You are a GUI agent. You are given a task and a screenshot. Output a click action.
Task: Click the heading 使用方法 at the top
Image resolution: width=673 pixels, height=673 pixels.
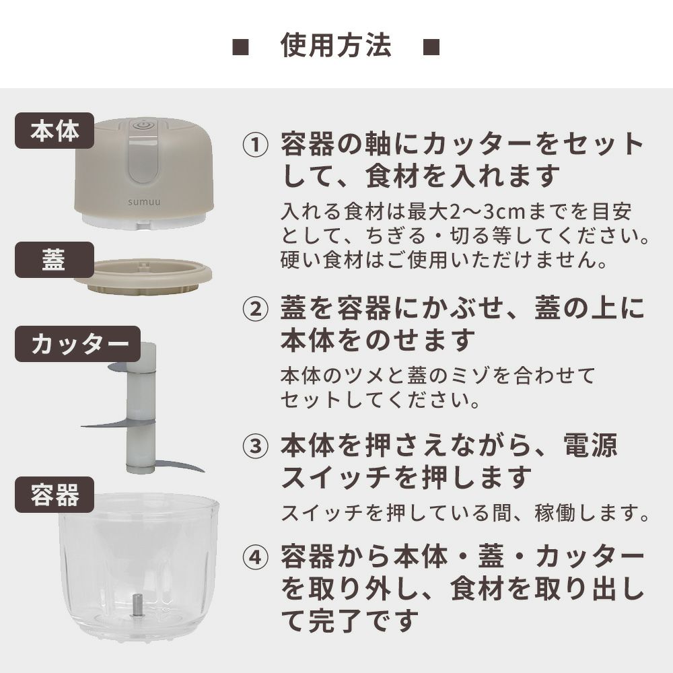tap(336, 46)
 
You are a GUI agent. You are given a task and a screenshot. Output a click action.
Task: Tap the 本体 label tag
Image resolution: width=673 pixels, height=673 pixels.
tap(55, 131)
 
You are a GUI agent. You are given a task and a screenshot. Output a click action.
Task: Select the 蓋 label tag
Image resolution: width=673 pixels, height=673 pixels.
tap(55, 259)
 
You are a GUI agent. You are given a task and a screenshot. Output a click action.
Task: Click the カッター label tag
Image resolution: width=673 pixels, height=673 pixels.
tap(77, 344)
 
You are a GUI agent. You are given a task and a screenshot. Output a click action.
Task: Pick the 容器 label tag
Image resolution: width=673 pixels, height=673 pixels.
tap(55, 495)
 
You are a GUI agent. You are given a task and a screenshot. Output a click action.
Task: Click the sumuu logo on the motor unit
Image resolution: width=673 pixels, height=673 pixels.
tap(144, 201)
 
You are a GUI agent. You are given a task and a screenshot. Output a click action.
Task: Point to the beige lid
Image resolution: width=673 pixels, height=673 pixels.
tap(143, 277)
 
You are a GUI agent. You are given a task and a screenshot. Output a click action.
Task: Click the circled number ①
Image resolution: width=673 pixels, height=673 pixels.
tap(255, 144)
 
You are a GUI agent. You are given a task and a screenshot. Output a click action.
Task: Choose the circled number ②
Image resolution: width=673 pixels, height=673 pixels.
tap(255, 309)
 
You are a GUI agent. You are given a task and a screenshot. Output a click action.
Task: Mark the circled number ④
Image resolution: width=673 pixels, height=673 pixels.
tap(255, 557)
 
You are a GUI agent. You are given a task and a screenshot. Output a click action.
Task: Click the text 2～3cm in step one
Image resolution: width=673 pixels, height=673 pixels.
tap(487, 211)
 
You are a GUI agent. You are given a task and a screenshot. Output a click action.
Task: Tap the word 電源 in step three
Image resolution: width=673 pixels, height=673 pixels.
tap(590, 445)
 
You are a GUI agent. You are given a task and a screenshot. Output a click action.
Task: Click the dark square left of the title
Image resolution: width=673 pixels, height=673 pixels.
tap(240, 47)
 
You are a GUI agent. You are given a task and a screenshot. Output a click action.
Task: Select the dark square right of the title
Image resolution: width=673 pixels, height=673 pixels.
tap(431, 47)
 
